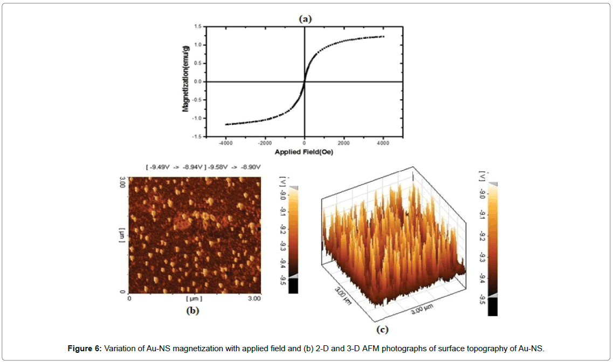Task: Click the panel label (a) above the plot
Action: (x=305, y=19)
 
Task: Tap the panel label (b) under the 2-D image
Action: (x=192, y=310)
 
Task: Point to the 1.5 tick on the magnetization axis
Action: (x=198, y=26)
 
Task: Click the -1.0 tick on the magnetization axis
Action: (x=196, y=119)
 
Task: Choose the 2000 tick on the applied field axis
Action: (x=343, y=144)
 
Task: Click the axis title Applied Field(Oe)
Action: (x=304, y=152)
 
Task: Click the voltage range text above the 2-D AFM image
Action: (x=203, y=168)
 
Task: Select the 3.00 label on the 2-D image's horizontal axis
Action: (x=253, y=298)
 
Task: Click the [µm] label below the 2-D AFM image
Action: (x=194, y=298)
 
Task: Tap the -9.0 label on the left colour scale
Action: (x=282, y=194)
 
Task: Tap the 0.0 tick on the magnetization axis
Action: (x=198, y=82)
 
